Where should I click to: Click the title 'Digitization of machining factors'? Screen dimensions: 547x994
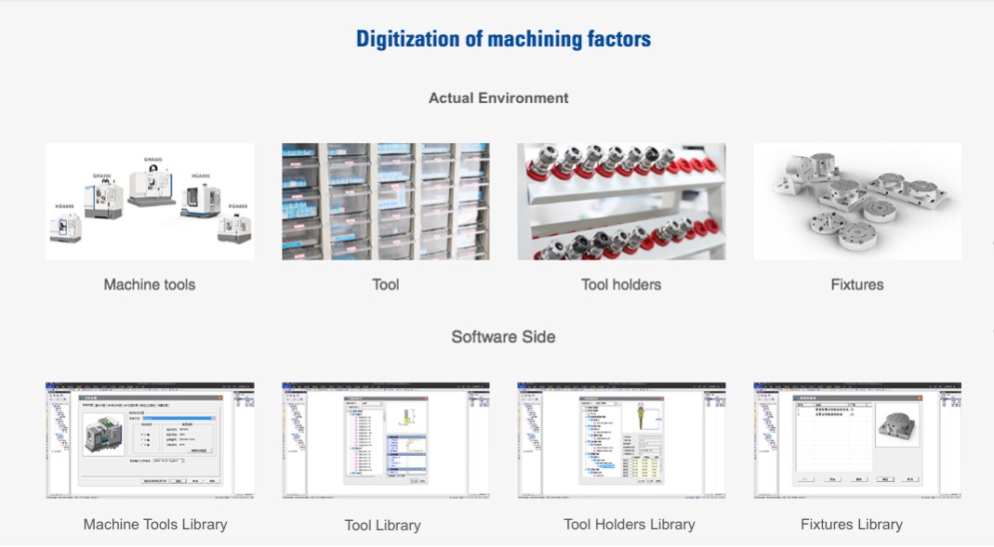pos(503,39)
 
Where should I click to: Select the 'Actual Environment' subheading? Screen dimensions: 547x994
pos(498,98)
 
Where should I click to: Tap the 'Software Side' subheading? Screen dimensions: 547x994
pos(503,336)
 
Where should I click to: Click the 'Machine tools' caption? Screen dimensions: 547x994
pos(150,284)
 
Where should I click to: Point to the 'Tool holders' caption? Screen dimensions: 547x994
pos(621,284)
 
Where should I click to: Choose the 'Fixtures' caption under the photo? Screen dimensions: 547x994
pos(856,284)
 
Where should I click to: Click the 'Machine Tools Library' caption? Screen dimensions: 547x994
pos(155,524)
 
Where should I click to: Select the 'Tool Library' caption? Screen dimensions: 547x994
pos(382,525)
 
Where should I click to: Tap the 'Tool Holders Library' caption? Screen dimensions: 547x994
pos(629,524)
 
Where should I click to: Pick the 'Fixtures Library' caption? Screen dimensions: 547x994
pos(851,524)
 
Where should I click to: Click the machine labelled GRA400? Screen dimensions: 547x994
pos(152,185)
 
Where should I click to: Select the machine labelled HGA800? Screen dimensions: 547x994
pos(200,198)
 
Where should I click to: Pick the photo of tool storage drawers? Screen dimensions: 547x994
pos(386,202)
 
